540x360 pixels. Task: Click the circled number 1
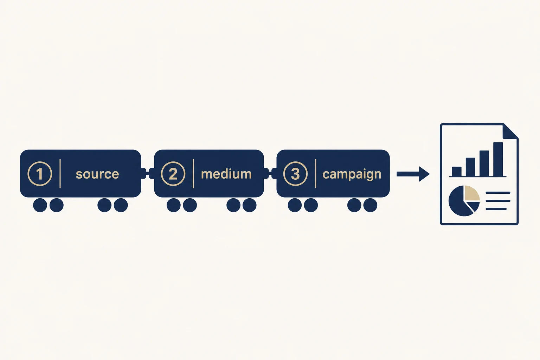click(x=40, y=174)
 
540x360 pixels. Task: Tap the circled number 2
click(x=173, y=174)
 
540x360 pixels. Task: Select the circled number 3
click(x=295, y=174)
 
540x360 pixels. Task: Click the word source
click(x=97, y=174)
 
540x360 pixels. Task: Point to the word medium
click(x=226, y=174)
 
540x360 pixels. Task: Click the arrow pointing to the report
click(x=413, y=174)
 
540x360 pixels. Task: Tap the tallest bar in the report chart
click(x=498, y=159)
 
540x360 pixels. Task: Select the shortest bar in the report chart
click(x=457, y=172)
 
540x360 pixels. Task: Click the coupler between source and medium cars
click(x=148, y=173)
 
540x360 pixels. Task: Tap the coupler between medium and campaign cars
click(x=270, y=173)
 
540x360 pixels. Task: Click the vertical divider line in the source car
click(x=60, y=174)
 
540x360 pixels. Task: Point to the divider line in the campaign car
click(x=316, y=174)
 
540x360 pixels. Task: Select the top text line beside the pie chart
click(x=498, y=193)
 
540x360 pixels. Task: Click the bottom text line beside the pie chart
click(x=496, y=209)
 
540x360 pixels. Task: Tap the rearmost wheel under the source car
click(x=40, y=205)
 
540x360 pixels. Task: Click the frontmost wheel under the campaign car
click(x=370, y=205)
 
